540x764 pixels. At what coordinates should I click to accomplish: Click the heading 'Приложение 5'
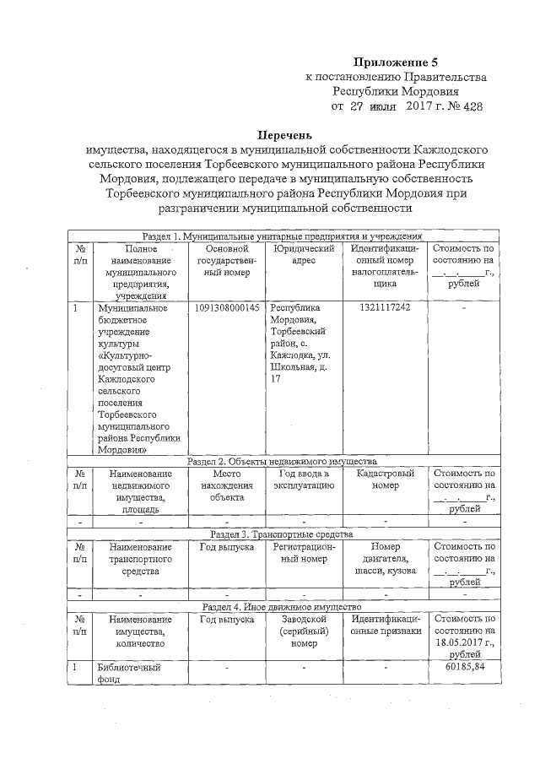pyautogui.click(x=395, y=62)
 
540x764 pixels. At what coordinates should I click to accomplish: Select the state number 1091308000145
pyautogui.click(x=226, y=307)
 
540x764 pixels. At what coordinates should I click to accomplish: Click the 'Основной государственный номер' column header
pyautogui.click(x=226, y=261)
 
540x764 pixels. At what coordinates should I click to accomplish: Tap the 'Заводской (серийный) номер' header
pyautogui.click(x=304, y=631)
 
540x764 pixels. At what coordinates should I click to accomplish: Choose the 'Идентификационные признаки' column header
pyautogui.click(x=384, y=625)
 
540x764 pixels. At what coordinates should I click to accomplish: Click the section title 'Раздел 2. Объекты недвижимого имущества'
pyautogui.click(x=281, y=462)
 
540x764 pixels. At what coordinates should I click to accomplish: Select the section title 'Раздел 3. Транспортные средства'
pyautogui.click(x=281, y=534)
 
